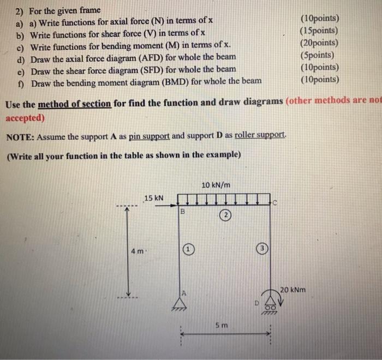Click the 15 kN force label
[154, 197]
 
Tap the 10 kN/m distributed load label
[216, 185]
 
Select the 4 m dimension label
[137, 252]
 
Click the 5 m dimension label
[220, 326]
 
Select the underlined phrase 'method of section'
[75, 104]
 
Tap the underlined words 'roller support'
[260, 135]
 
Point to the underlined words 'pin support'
[149, 136]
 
